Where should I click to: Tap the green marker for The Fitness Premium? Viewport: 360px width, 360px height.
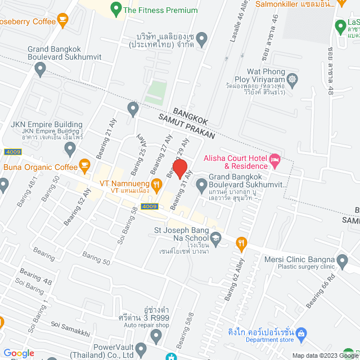click(x=116, y=9)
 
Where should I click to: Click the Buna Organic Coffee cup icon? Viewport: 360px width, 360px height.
click(x=84, y=165)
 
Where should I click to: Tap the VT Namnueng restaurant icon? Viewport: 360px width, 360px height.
click(x=157, y=183)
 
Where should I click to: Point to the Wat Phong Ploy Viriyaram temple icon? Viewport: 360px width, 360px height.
click(x=292, y=78)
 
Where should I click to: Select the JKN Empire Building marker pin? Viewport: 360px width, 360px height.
click(x=70, y=149)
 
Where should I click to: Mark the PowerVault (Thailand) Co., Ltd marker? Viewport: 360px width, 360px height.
click(x=156, y=336)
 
